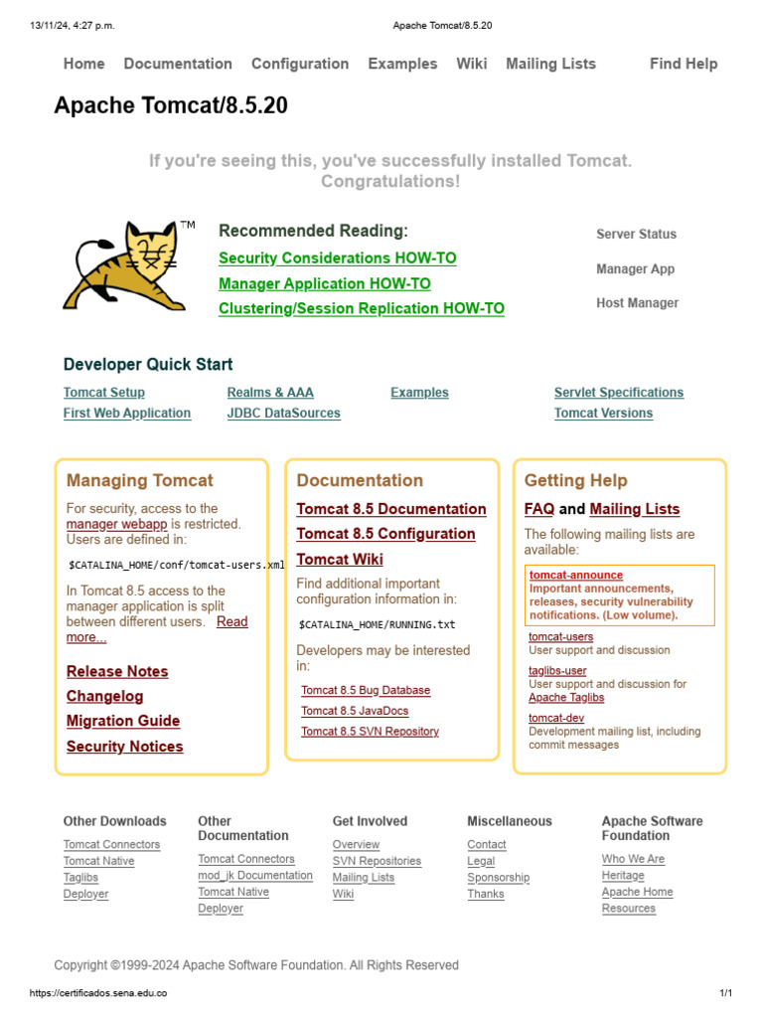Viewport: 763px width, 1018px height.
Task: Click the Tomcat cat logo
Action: [x=125, y=265]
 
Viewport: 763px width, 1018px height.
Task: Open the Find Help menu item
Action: [x=683, y=64]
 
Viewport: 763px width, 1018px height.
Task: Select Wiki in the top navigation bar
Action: [x=471, y=64]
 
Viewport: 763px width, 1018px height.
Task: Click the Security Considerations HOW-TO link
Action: [x=337, y=258]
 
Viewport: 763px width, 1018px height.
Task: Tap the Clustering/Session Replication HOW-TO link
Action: [x=361, y=309]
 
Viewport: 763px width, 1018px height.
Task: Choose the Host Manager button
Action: [x=637, y=303]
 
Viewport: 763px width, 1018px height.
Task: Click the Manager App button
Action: [x=635, y=269]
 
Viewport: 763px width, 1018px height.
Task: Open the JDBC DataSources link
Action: [x=283, y=414]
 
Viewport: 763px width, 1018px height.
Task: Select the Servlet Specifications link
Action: [x=618, y=393]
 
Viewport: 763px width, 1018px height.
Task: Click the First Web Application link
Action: [x=126, y=414]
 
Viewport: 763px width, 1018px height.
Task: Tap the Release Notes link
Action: [x=117, y=672]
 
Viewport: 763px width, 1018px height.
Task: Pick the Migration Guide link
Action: [x=123, y=722]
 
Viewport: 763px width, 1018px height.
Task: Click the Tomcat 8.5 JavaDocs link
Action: [x=355, y=711]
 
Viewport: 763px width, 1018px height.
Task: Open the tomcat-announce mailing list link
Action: [x=575, y=576]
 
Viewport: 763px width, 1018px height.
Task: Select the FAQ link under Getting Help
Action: [x=538, y=510]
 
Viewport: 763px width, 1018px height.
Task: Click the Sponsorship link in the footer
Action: [x=498, y=878]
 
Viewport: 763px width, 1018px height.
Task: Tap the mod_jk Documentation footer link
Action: [x=254, y=876]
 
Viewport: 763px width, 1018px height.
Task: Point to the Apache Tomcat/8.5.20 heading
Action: [x=171, y=105]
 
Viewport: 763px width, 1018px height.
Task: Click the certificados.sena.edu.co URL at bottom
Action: [x=98, y=993]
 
